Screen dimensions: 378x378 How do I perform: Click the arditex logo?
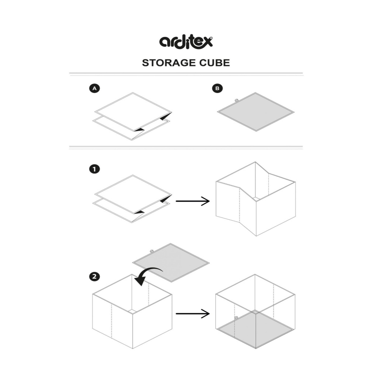(x=186, y=42)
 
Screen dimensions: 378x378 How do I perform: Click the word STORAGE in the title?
(x=169, y=63)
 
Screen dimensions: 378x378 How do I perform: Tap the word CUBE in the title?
(x=214, y=63)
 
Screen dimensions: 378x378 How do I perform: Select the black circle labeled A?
(x=94, y=88)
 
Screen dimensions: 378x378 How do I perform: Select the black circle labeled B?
(x=217, y=88)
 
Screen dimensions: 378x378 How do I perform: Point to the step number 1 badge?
(x=94, y=169)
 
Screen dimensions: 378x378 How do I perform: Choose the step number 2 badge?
(x=94, y=276)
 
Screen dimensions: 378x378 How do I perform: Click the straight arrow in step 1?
(x=193, y=201)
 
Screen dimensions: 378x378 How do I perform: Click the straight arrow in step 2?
(x=193, y=313)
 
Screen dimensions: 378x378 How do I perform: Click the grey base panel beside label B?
(x=256, y=112)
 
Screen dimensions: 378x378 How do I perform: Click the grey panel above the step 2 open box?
(x=171, y=263)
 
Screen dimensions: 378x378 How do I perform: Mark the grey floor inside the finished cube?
(x=255, y=329)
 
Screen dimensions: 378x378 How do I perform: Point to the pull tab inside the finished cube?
(x=236, y=318)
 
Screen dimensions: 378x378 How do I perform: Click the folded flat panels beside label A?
(x=132, y=116)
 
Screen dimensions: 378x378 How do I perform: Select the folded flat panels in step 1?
(x=132, y=199)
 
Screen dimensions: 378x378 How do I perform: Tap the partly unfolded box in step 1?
(x=255, y=199)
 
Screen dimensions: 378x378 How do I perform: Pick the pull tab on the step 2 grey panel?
(x=152, y=251)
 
